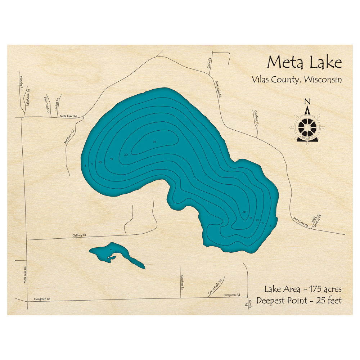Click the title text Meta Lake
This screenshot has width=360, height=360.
[x=304, y=63]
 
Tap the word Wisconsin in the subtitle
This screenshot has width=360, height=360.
[x=323, y=80]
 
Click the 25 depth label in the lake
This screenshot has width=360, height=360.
[x=154, y=142]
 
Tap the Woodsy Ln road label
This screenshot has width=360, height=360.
[x=21, y=83]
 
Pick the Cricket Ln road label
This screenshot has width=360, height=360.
[x=57, y=104]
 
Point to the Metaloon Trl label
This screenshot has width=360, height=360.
[x=69, y=137]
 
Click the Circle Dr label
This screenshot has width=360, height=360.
[x=208, y=63]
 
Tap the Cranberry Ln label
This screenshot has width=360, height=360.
[x=256, y=118]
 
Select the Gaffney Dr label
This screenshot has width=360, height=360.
[x=80, y=235]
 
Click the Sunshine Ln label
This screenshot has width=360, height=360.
[x=183, y=281]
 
